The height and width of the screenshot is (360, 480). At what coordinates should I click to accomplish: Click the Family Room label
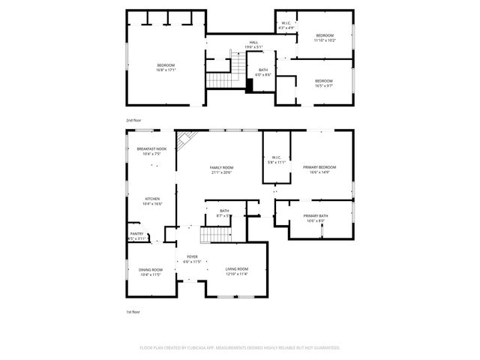tap(221, 167)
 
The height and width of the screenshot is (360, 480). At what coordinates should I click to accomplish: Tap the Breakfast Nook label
tap(151, 149)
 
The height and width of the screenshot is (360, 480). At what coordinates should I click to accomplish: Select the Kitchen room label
tap(152, 199)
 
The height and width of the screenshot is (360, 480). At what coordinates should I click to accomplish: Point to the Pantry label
tap(136, 233)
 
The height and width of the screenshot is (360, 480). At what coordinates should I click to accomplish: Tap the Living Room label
tap(237, 269)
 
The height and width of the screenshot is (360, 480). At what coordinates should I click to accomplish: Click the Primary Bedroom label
tap(319, 167)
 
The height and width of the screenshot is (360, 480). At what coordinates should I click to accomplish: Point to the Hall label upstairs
tap(253, 42)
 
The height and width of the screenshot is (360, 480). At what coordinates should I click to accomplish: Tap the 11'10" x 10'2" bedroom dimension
tap(325, 40)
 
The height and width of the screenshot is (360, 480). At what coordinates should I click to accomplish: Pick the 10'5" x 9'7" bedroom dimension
tap(324, 85)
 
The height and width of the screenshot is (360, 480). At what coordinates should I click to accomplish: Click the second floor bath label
tap(263, 70)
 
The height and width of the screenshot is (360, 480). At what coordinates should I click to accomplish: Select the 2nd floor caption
tap(133, 120)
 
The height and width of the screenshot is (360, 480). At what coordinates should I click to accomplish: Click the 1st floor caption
tap(133, 311)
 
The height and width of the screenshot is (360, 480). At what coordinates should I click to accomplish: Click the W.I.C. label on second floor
tap(286, 23)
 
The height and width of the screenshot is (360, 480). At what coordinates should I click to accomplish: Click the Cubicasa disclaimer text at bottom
tap(240, 348)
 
